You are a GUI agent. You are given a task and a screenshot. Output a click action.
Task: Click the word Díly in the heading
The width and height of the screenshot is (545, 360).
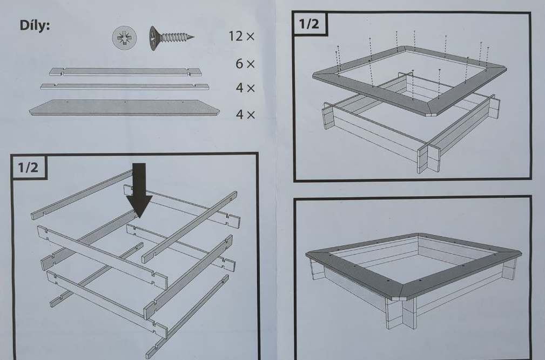35,25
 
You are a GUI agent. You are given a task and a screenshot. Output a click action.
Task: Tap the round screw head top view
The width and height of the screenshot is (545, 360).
124,37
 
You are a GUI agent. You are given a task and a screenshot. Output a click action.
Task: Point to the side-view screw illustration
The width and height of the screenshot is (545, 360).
171,38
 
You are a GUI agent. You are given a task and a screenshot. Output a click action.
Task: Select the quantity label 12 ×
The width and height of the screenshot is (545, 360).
241,36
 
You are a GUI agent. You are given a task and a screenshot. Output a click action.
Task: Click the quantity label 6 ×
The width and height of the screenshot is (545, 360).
245,64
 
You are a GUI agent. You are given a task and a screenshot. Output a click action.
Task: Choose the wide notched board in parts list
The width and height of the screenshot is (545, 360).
125,72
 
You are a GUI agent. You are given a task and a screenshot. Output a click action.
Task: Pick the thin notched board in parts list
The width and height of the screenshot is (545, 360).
124,86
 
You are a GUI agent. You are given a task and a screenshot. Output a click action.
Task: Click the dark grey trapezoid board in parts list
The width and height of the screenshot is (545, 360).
124,108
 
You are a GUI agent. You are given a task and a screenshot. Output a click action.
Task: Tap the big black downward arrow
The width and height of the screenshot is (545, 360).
139,190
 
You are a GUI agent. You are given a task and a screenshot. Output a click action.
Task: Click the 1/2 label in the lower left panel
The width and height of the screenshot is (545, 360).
29,168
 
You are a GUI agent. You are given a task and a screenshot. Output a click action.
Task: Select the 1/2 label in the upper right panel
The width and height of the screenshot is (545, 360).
309,24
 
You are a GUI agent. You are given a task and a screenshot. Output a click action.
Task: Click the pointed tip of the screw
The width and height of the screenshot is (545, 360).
193,37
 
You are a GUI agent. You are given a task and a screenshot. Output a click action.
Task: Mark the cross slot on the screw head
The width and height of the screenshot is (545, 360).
124,37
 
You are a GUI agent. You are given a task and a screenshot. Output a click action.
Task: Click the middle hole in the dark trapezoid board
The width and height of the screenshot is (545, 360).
125,102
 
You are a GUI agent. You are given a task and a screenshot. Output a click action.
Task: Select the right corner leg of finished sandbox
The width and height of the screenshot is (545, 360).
509,268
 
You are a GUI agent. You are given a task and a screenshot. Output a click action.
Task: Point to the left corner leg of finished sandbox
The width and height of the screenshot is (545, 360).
317,269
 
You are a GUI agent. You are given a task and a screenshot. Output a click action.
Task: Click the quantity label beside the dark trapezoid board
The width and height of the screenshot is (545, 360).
245,115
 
